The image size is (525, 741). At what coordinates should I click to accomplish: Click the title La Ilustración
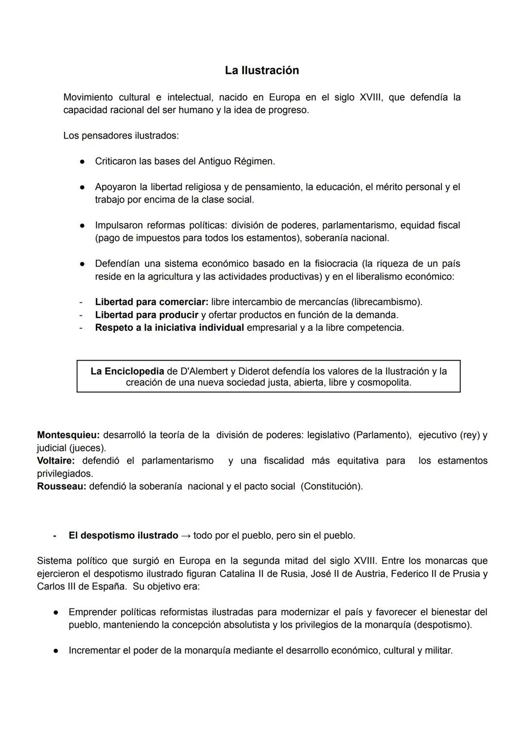262,70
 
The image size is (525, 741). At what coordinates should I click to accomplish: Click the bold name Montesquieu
68,435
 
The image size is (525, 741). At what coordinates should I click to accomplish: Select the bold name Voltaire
56,461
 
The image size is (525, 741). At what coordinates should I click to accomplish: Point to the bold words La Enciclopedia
127,371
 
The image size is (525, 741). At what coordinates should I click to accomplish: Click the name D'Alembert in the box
204,371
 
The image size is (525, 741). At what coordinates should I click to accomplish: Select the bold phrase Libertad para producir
146,315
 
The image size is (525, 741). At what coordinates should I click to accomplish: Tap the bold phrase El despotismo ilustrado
123,535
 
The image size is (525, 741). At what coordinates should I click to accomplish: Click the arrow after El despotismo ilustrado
186,535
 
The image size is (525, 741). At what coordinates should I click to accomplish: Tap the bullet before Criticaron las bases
83,161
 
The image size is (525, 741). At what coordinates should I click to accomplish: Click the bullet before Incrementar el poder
56,651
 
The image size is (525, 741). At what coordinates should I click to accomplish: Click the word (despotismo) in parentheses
442,625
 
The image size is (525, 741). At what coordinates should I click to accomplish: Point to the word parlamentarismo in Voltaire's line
177,461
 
